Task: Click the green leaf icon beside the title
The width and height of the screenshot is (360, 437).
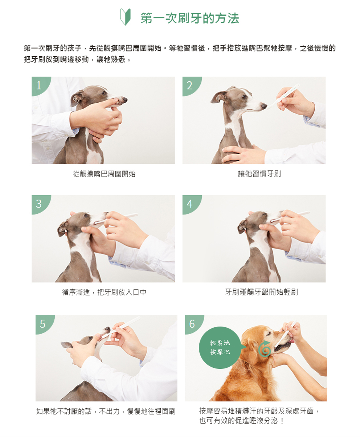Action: coord(125,17)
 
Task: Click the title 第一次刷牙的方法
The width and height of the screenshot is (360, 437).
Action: coord(190,18)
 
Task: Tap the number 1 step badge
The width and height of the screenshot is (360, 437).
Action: coord(40,85)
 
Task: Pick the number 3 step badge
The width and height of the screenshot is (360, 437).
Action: coord(40,204)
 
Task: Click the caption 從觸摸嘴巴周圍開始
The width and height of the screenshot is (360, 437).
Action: coord(104,174)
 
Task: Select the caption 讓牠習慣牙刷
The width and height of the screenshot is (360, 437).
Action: coord(259,174)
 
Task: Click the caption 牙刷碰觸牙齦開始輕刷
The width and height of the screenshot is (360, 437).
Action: coord(261,292)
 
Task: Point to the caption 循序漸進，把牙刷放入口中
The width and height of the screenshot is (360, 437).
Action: coord(104,292)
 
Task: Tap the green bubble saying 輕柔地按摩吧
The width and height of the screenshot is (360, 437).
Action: coord(220,348)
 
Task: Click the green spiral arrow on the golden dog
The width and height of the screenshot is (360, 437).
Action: coord(264,349)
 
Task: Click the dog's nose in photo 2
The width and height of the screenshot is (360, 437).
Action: coord(264,106)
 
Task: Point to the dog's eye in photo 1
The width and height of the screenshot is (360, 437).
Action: coord(104,93)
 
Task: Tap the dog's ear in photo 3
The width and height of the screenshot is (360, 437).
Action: coord(62,228)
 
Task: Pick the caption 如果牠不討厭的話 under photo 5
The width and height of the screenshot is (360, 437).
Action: coord(64,411)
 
